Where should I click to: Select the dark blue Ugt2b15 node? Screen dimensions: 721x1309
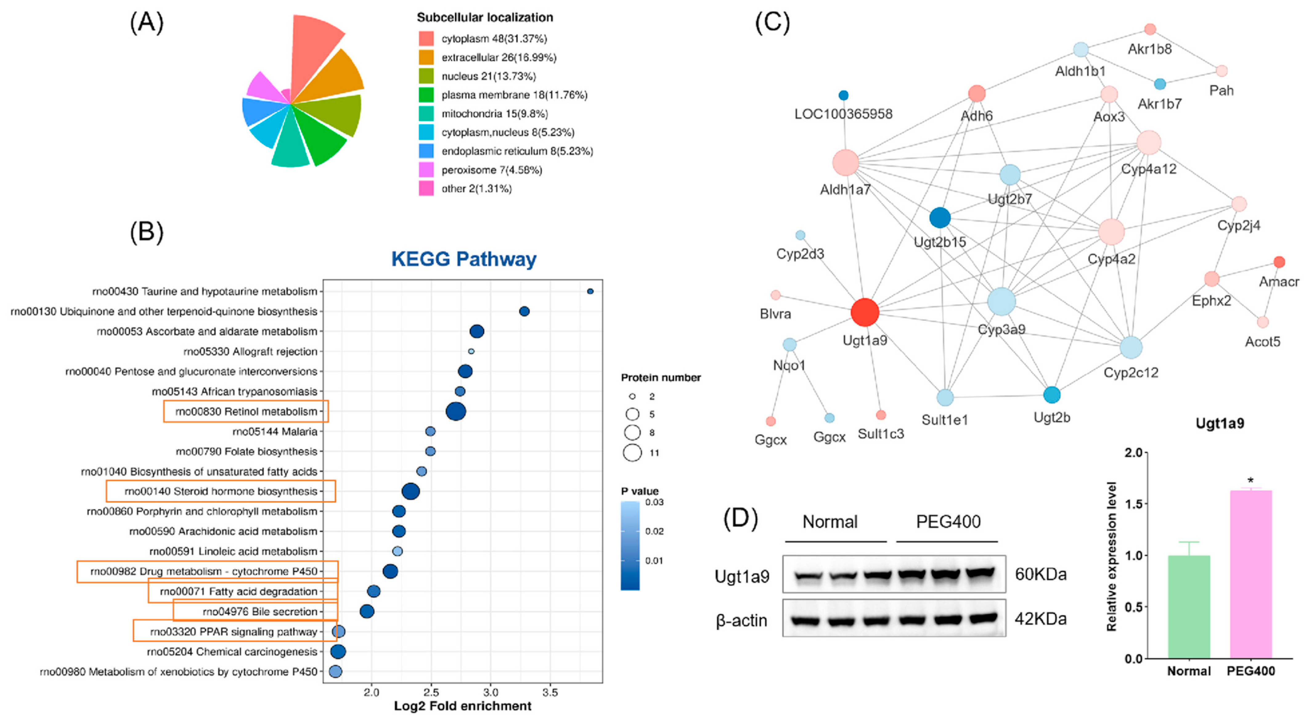click(940, 218)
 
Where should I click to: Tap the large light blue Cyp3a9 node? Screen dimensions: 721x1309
click(1001, 301)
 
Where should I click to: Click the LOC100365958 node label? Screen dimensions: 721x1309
click(843, 114)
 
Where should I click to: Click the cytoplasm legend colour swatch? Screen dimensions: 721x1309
click(426, 39)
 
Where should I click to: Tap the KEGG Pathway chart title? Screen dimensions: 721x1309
click(463, 259)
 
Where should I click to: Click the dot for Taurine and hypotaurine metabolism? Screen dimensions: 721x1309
click(590, 291)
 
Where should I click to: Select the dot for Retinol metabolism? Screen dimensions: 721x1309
click(455, 411)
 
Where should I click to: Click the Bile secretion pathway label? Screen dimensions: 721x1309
click(260, 611)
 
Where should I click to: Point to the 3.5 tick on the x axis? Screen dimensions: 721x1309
click(550, 692)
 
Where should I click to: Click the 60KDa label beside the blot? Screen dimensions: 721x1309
click(1040, 574)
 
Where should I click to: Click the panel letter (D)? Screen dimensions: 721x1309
click(740, 518)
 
